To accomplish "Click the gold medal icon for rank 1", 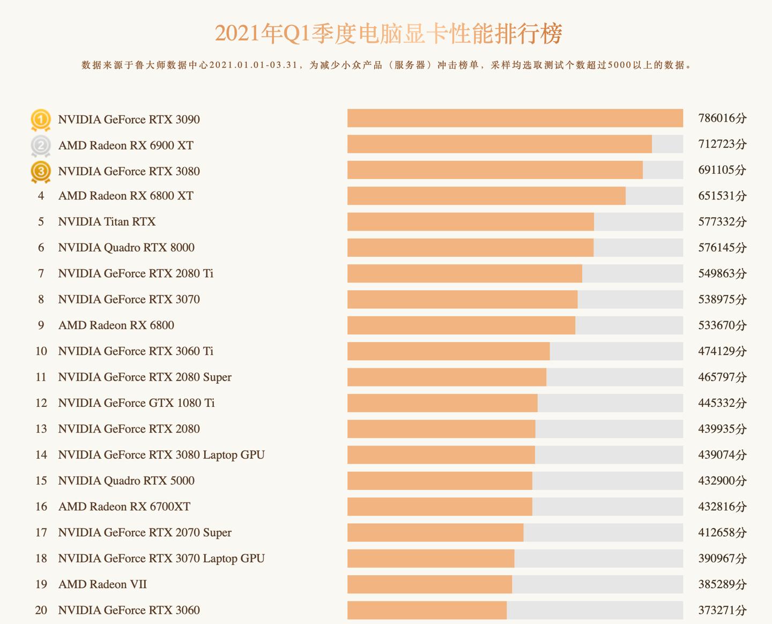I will click(41, 119).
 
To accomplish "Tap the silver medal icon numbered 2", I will click(41, 145).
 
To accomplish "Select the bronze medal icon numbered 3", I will click(41, 172).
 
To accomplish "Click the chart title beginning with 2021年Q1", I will click(388, 34).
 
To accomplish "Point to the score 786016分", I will click(722, 118).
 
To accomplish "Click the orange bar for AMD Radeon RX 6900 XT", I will click(499, 144).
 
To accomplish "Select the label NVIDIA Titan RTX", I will click(107, 222).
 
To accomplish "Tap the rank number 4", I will click(41, 196).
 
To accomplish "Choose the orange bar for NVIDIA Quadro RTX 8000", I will click(470, 248).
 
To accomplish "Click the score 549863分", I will click(722, 274).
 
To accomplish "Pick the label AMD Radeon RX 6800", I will click(116, 325).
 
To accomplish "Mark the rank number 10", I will click(41, 352).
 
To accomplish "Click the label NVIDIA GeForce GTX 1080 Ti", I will click(136, 403).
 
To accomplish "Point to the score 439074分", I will click(722, 455).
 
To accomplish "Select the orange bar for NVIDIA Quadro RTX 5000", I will click(440, 481).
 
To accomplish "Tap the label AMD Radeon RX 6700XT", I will click(124, 507).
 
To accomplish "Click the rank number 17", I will click(41, 533).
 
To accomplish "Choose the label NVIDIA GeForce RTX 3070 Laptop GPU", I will click(161, 559).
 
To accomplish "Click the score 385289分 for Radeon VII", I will click(722, 585).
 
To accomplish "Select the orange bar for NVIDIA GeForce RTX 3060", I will click(427, 610).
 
